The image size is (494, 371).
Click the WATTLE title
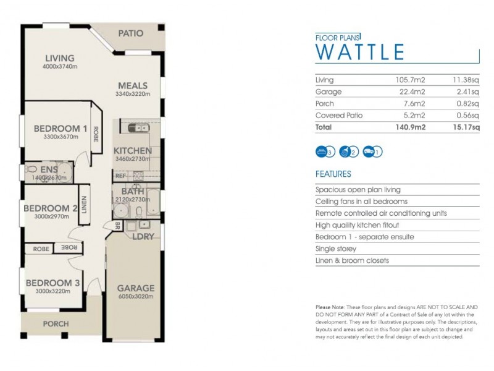[359, 52]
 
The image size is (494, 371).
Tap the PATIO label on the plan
[130, 33]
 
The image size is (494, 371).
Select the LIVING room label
[59, 59]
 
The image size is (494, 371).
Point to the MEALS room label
[132, 86]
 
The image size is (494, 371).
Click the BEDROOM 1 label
[60, 129]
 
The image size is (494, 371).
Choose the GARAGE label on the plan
[136, 288]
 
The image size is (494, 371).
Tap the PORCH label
[56, 324]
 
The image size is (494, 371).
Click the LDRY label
[143, 236]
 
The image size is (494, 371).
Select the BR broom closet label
[117, 226]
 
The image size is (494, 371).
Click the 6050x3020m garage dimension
[136, 297]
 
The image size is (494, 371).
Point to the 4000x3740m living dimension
[59, 67]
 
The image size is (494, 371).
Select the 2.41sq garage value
[466, 92]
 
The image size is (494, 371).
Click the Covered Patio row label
[339, 116]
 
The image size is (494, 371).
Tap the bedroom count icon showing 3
[324, 150]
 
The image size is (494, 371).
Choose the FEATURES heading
[333, 174]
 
